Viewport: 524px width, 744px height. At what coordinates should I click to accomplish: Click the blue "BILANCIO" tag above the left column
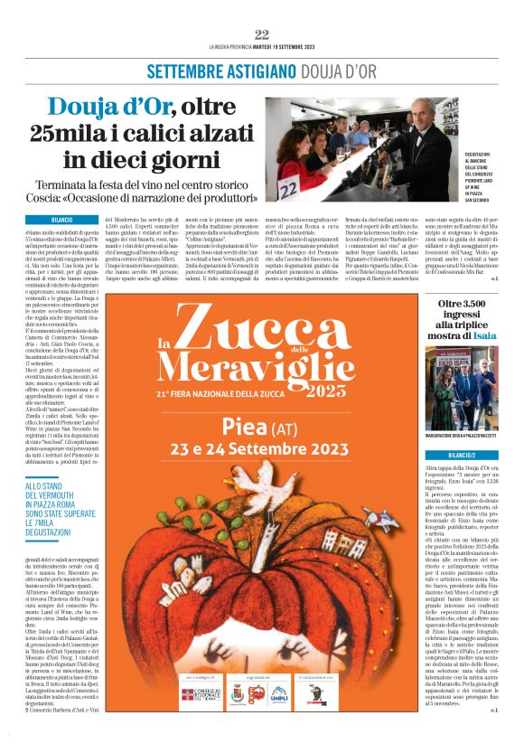61,219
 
